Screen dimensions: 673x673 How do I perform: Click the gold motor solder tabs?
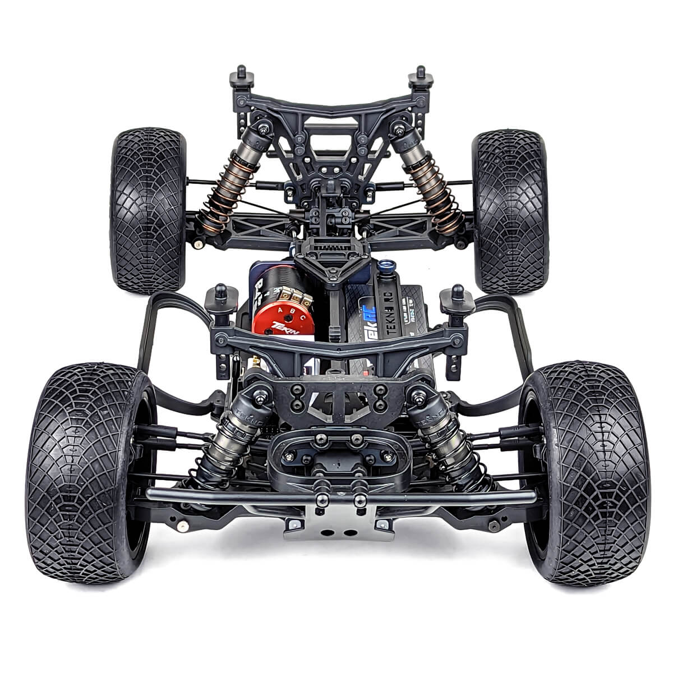(287, 296)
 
